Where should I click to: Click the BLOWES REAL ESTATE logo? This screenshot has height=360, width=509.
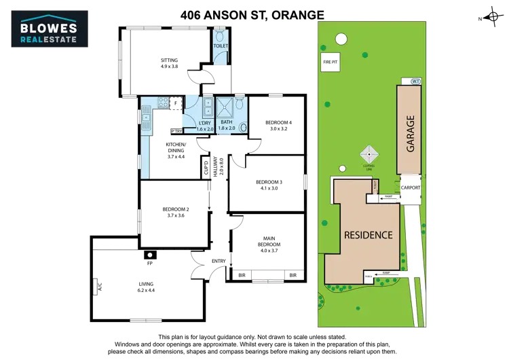[x=52, y=27]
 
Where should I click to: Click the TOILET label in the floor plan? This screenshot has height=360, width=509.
[x=221, y=46]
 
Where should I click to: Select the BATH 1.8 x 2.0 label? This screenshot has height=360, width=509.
[x=226, y=125]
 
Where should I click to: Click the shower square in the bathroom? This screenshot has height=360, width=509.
[x=224, y=106]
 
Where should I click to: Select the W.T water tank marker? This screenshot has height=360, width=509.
[x=416, y=82]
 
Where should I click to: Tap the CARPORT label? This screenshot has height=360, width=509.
[x=411, y=187]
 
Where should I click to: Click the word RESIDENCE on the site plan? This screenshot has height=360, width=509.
[x=368, y=235]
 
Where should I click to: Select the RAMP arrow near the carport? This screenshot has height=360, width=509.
[x=388, y=197]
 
